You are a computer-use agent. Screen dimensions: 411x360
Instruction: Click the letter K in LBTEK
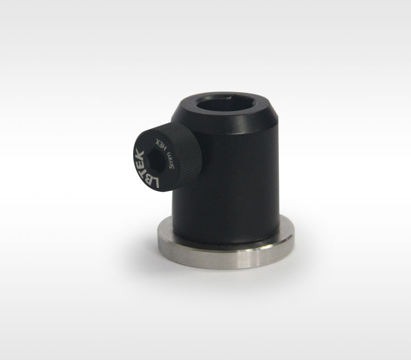click(x=139, y=153)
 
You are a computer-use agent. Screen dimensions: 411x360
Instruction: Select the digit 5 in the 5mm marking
click(x=172, y=167)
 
